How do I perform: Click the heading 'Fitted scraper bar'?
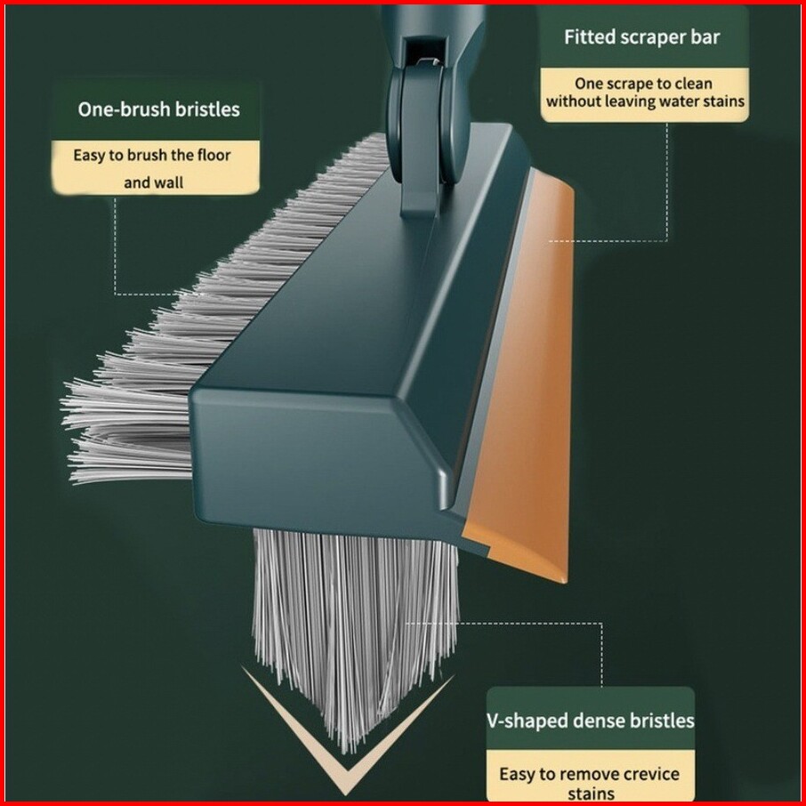(641, 37)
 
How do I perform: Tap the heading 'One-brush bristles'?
(159, 109)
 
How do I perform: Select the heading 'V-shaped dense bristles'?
(591, 720)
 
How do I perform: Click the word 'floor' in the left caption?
(214, 155)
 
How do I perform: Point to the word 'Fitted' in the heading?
(590, 37)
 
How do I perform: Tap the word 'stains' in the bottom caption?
(591, 794)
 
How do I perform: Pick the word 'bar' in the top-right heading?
(704, 37)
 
